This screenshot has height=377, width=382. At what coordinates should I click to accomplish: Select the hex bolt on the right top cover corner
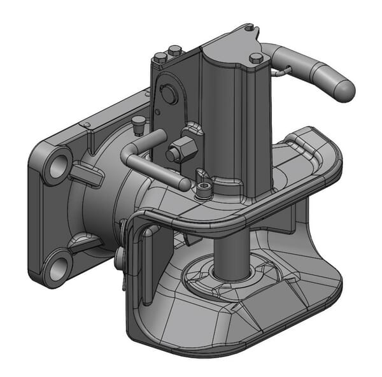[257, 59]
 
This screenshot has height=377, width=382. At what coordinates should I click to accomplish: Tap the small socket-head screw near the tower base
[203, 190]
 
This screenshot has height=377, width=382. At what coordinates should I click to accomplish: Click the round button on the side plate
[169, 94]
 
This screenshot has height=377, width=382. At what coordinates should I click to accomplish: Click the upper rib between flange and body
[85, 172]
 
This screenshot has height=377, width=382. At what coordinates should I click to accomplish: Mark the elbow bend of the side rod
[128, 150]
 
